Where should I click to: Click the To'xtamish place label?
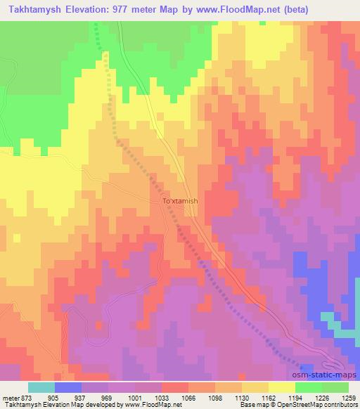(x=181, y=201)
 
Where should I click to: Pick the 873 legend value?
(x=25, y=397)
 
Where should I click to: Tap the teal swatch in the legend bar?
(x=41, y=387)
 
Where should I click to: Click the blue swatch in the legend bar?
(x=68, y=387)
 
